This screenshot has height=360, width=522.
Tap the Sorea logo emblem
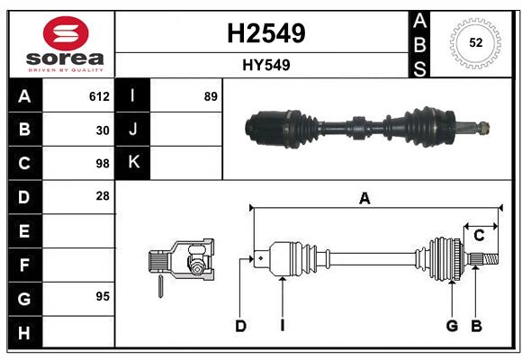coord(64,33)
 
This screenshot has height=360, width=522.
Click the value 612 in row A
coord(99,96)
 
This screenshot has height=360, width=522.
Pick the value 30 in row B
coord(102,130)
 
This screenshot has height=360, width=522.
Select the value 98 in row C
coord(102,164)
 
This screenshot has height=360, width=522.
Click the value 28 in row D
coord(102,196)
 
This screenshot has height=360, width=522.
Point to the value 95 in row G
coord(102,296)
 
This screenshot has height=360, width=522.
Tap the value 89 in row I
coord(211,96)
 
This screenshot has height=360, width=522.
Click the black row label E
coord(24,231)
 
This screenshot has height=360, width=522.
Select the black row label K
coord(133,163)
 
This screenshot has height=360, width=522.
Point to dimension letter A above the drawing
coord(364,199)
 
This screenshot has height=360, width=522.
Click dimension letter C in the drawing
coord(479,236)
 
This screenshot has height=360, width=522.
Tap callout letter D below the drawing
coord(240,326)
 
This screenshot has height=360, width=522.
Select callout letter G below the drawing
coord(452,326)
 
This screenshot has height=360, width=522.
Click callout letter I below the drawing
coord(282,326)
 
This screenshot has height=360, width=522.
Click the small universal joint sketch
coord(181,265)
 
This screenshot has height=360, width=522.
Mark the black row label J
coord(133,130)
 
